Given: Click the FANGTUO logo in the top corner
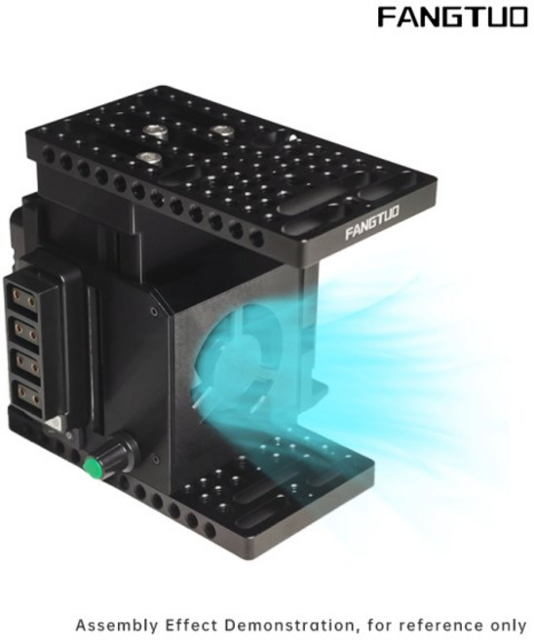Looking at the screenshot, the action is [x=452, y=18].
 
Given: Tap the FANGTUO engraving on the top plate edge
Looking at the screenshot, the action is [x=372, y=222].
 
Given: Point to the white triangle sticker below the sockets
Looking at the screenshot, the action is [x=52, y=424].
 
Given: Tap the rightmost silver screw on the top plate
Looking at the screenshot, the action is [x=220, y=131].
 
